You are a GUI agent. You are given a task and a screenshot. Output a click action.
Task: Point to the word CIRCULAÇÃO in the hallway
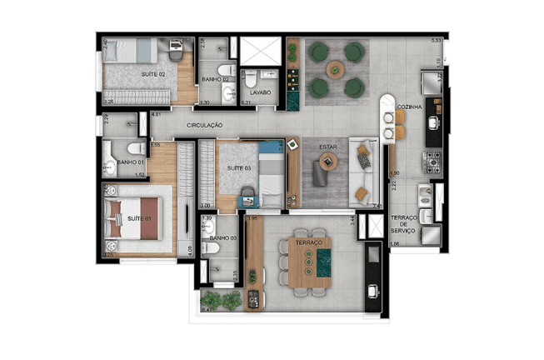(x=205, y=125)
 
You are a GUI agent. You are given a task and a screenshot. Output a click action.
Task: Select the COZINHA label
(x=410, y=108)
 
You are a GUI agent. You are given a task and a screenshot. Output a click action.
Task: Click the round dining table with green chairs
(x=335, y=69)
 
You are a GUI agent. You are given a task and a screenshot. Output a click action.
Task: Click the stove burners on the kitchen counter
(x=431, y=167)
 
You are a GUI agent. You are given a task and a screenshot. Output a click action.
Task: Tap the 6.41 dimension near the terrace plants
(x=207, y=311)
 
